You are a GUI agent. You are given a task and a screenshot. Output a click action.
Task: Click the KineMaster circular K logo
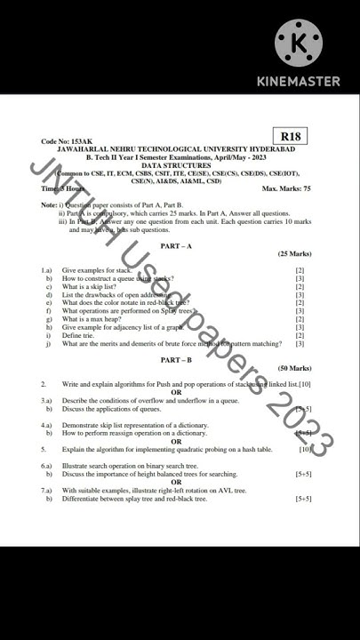pos(299,42)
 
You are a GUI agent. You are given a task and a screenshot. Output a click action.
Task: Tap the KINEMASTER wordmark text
pos(299,81)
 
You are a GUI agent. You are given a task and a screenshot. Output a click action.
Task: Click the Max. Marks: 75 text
pos(286,189)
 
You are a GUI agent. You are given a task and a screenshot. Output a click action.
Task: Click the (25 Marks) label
pos(294,254)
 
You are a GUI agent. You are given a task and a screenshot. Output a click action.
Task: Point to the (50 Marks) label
pos(294,368)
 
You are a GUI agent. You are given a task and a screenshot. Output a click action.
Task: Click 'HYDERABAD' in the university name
pos(274,149)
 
